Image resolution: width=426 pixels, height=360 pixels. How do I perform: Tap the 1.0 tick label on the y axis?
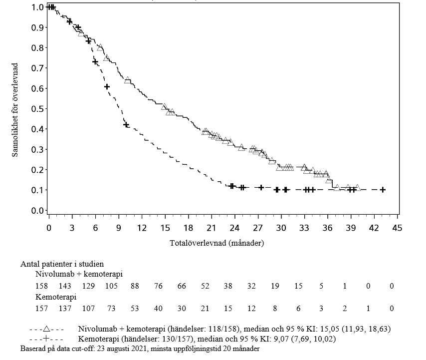pyautogui.click(x=38, y=7)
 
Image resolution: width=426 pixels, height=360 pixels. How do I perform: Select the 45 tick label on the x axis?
pyautogui.click(x=398, y=228)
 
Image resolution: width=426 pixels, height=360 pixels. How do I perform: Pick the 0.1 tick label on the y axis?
pyautogui.click(x=38, y=190)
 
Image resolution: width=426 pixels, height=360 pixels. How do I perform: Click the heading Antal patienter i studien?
pyautogui.click(x=62, y=264)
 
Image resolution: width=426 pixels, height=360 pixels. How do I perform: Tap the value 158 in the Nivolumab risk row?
pyautogui.click(x=41, y=286)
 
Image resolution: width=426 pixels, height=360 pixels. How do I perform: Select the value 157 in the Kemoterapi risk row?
pyautogui.click(x=41, y=309)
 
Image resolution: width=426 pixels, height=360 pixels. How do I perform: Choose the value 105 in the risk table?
pyautogui.click(x=111, y=286)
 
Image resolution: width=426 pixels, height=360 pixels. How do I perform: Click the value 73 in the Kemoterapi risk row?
pyautogui.click(x=111, y=309)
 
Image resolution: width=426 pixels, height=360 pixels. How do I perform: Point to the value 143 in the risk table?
pyautogui.click(x=65, y=286)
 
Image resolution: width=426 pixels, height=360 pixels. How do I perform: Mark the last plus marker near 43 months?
pyautogui.click(x=383, y=190)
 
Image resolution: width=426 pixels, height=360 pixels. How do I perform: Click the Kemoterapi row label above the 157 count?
pyautogui.click(x=55, y=297)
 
